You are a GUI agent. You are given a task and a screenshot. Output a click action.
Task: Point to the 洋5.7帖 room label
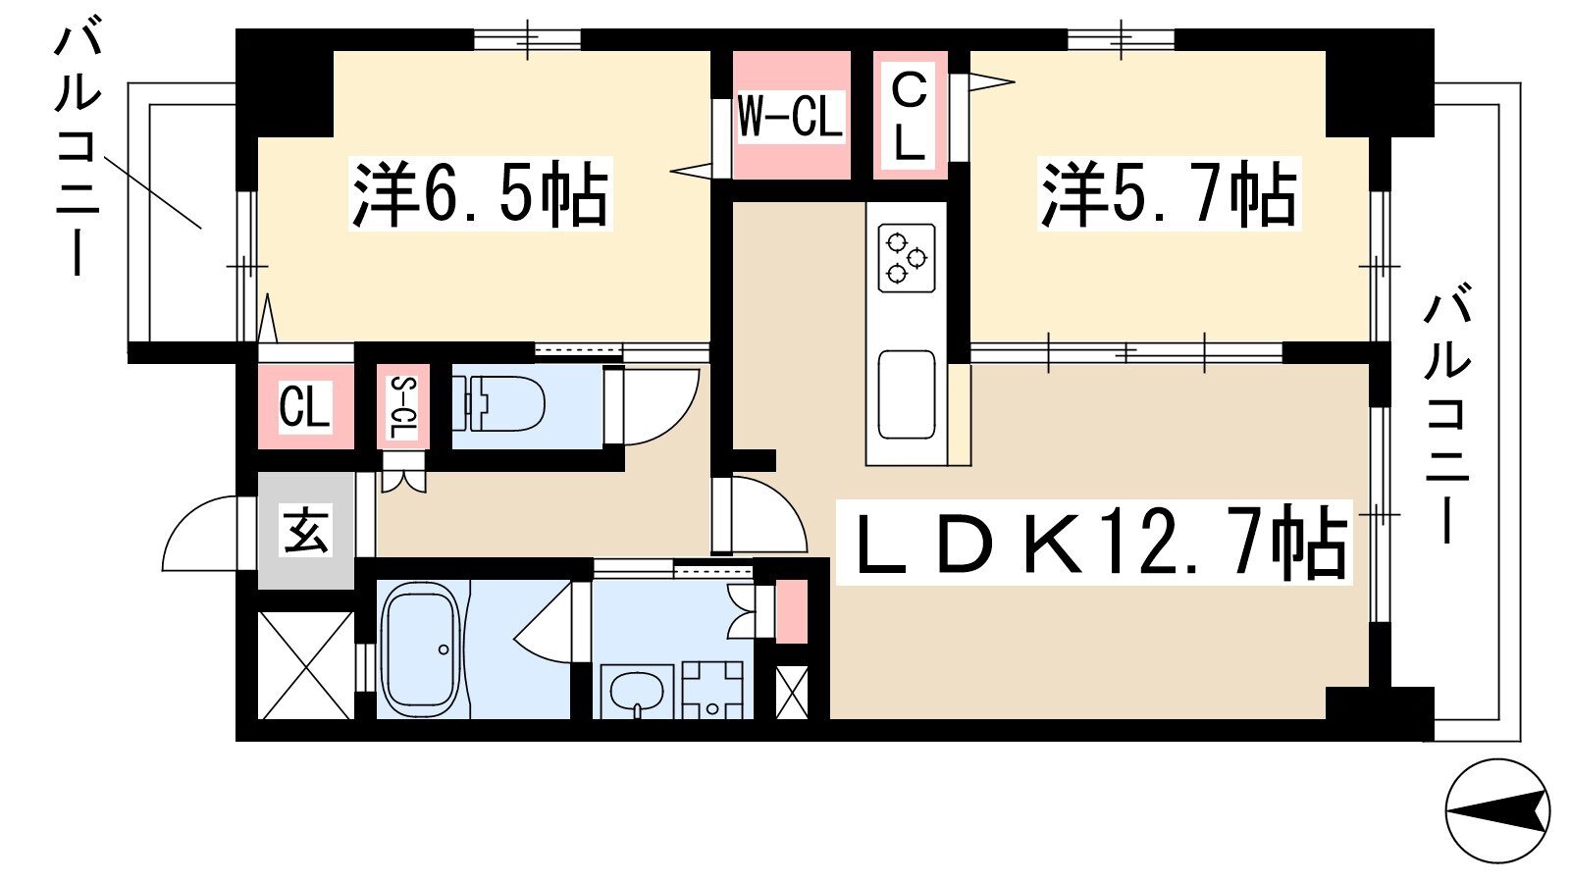pos(1169,194)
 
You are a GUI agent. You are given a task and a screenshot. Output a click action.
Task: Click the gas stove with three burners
pos(906,258)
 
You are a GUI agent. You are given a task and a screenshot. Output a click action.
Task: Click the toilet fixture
pos(500,403)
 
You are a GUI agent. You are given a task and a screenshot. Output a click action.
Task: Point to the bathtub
pos(420,649)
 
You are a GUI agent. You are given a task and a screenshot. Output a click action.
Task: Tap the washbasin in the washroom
pos(636,693)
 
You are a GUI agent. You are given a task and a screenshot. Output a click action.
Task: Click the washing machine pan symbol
pos(713,689)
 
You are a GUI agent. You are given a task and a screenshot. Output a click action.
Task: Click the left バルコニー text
pos(78,147)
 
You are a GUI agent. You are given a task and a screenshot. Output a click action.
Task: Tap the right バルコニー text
pos(1446,412)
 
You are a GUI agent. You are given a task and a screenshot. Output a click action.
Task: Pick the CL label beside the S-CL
pos(304,406)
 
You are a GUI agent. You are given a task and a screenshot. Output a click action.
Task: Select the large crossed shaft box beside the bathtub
pos(305,665)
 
